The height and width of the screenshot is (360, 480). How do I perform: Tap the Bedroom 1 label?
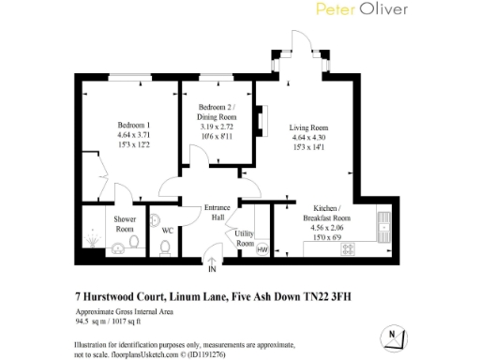tap(134, 125)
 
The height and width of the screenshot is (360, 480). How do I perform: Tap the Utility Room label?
tap(245, 238)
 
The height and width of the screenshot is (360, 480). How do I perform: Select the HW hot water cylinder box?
tap(262, 249)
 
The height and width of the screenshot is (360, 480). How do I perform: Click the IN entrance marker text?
tap(212, 270)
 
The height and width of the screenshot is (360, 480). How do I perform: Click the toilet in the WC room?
tap(165, 247)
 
